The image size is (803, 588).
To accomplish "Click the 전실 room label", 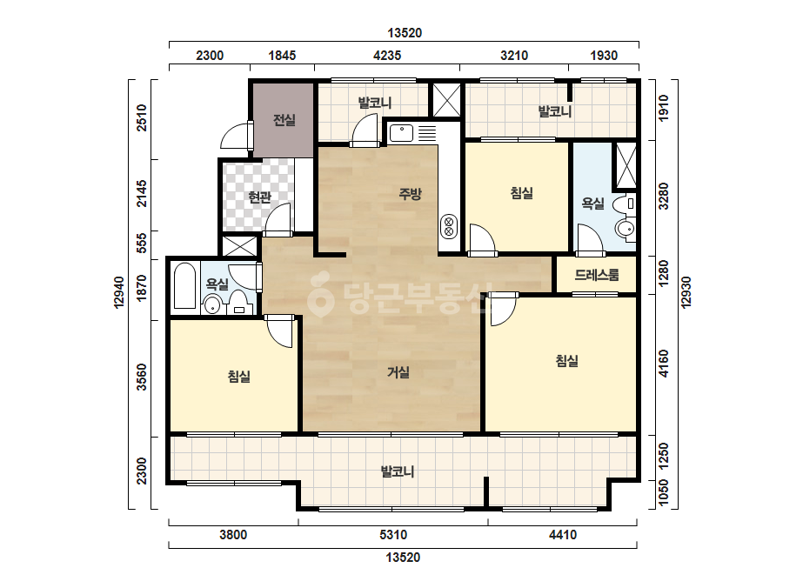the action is tap(284, 120).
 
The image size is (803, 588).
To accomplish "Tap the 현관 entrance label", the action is tap(259, 197).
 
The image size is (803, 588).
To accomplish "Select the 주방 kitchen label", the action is tap(411, 194).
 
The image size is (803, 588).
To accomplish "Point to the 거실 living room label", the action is tap(398, 372).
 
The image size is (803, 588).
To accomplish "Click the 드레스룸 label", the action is tap(597, 275).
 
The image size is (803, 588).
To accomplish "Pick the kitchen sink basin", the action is tap(402, 133).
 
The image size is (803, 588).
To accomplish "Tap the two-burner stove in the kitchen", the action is tap(449, 226).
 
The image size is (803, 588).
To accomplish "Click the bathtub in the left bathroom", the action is tap(185, 286).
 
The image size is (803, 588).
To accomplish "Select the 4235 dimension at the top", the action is tap(387, 56).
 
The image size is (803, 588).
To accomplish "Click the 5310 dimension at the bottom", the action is tap(393, 535).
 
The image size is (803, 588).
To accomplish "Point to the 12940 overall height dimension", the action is tap(119, 292).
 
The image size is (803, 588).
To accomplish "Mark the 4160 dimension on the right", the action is tap(664, 364).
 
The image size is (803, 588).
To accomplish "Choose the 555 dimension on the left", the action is tap(142, 243).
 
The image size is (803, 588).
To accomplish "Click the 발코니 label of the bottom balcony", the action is tap(398, 471).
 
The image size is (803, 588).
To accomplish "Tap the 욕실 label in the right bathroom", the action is tap(593, 204).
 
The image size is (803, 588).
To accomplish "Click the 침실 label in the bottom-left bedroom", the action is tap(239, 377).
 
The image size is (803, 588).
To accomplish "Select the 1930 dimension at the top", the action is tap(604, 56).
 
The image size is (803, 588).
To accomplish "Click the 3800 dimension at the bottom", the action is tap(233, 535).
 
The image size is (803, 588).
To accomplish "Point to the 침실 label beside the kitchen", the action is tap(522, 193).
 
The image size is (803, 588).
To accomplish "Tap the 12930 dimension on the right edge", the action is tap(686, 292).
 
